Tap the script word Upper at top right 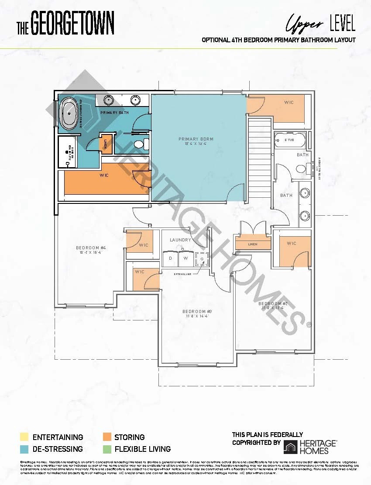pos(305,23)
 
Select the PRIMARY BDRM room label pos(196,139)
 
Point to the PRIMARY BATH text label pos(114,113)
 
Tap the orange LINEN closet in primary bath pos(106,143)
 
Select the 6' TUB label pos(289,140)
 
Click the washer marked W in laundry pos(185,258)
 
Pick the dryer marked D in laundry pos(170,258)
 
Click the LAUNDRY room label pos(180,240)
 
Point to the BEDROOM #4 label pos(91,248)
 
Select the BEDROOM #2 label pos(273,303)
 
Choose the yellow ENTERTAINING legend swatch pos(24,437)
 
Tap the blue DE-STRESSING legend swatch pos(24,449)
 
